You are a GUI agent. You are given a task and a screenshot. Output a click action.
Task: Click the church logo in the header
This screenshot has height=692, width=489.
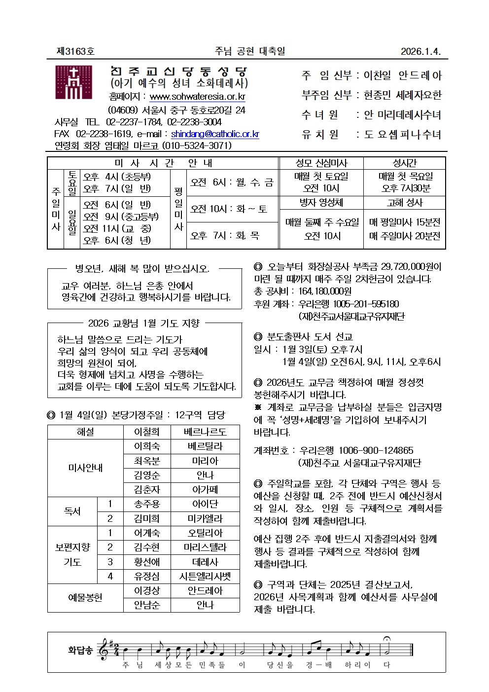pos(73,82)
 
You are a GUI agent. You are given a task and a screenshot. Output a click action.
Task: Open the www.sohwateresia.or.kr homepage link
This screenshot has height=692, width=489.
pos(197,97)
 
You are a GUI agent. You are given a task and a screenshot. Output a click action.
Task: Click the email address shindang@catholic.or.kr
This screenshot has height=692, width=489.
pos(215,134)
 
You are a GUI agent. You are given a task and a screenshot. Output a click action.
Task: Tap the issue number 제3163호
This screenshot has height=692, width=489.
pos(75,51)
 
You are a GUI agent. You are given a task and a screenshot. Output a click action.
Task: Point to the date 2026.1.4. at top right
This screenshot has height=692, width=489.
pos(420,51)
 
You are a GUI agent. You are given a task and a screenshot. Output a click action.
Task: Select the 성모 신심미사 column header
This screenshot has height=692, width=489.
pos(321,163)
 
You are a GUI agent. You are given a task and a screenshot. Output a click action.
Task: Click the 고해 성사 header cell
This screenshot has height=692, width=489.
pos(405,203)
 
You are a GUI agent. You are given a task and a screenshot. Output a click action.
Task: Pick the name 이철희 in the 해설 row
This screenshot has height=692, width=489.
pos(147,432)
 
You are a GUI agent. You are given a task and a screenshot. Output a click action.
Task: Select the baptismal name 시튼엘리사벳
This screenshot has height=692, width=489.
pos(205,576)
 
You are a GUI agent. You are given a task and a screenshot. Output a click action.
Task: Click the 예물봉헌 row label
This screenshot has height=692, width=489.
pos(85,597)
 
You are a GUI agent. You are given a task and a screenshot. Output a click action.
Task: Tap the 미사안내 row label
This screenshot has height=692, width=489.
pos(85,468)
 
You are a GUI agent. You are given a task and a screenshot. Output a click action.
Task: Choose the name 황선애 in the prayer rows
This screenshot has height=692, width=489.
pos(147,562)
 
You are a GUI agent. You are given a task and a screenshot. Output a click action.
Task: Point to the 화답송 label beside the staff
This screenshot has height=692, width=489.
pos(80,650)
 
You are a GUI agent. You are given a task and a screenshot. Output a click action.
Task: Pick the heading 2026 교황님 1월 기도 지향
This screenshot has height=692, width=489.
pos(144,323)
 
